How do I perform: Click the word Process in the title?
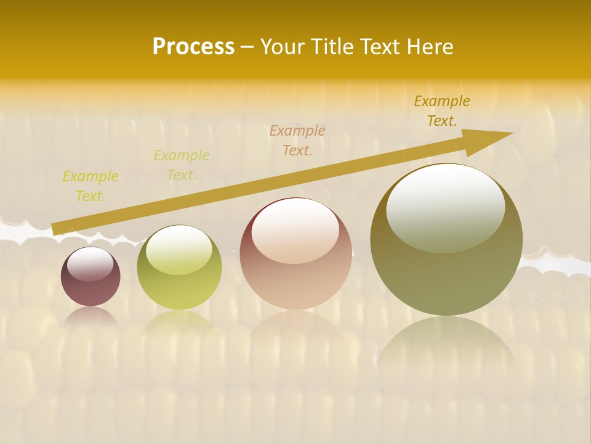click(193, 47)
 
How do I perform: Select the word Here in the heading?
click(430, 47)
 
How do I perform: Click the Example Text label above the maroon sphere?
click(90, 186)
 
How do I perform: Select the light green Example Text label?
click(182, 165)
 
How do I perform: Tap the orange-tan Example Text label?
click(297, 140)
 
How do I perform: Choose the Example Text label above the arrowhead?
click(442, 111)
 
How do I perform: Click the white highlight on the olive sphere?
click(445, 207)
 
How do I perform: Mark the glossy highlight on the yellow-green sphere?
click(179, 248)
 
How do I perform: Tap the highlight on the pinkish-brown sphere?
click(295, 230)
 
